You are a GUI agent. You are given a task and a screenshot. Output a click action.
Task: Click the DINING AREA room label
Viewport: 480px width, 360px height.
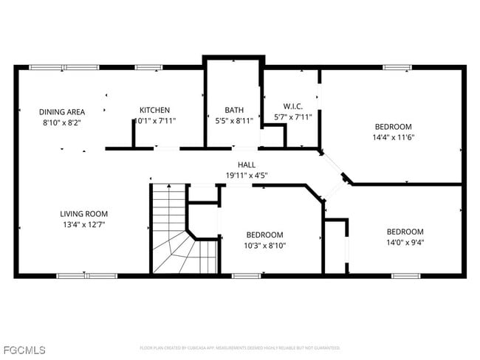62,111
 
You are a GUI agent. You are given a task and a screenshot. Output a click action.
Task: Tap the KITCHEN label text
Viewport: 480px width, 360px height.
154,110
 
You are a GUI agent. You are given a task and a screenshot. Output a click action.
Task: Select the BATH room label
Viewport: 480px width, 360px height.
234,110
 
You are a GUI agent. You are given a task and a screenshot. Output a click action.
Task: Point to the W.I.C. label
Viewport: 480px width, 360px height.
293,105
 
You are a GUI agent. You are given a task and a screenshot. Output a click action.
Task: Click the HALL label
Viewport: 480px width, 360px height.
246,165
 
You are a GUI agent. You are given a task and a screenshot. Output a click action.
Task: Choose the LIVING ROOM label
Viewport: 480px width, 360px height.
84,214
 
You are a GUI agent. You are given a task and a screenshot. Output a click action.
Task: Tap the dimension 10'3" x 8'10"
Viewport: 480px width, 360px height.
264,245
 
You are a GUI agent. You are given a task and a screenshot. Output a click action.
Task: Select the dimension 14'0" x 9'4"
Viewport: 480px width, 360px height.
405,242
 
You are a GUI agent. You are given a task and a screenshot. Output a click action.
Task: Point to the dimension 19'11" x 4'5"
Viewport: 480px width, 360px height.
246,175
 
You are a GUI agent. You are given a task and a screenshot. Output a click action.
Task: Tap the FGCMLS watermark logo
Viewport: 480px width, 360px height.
24,349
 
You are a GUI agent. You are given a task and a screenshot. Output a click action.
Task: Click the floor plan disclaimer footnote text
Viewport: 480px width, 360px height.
239,347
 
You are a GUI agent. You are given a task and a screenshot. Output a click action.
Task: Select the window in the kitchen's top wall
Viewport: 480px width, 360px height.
148,68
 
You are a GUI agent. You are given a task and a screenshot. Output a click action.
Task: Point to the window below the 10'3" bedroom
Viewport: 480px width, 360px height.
245,276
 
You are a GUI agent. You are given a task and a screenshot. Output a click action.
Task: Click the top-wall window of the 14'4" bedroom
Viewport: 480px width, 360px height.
397,68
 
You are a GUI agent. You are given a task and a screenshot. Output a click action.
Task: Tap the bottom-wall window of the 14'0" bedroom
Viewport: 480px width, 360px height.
405,276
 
